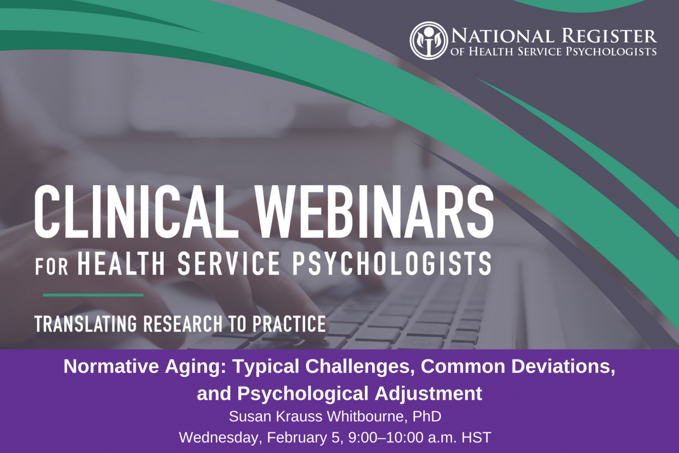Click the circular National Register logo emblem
tap(429, 40)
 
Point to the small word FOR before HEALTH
tap(52, 266)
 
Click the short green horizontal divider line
tap(93, 295)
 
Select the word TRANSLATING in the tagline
tap(86, 324)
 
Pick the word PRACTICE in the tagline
tap(289, 324)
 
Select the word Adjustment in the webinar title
tap(428, 394)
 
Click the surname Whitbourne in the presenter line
tap(367, 417)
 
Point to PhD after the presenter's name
tap(427, 417)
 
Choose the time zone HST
tap(476, 438)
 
